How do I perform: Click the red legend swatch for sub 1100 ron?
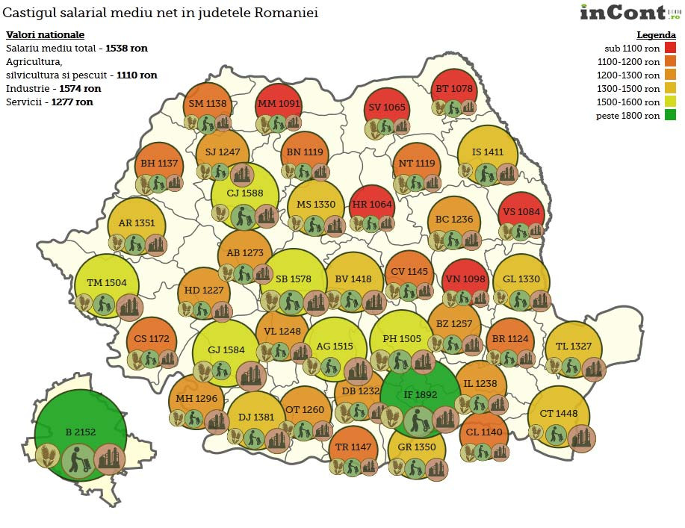671,49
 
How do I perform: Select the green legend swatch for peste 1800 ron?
671,116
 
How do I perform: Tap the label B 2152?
79,432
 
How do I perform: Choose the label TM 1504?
106,283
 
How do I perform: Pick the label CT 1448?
558,414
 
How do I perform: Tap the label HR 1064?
371,204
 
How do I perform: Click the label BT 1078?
453,89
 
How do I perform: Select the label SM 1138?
206,104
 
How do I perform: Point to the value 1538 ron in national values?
126,48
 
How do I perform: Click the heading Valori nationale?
45,35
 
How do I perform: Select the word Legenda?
656,35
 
